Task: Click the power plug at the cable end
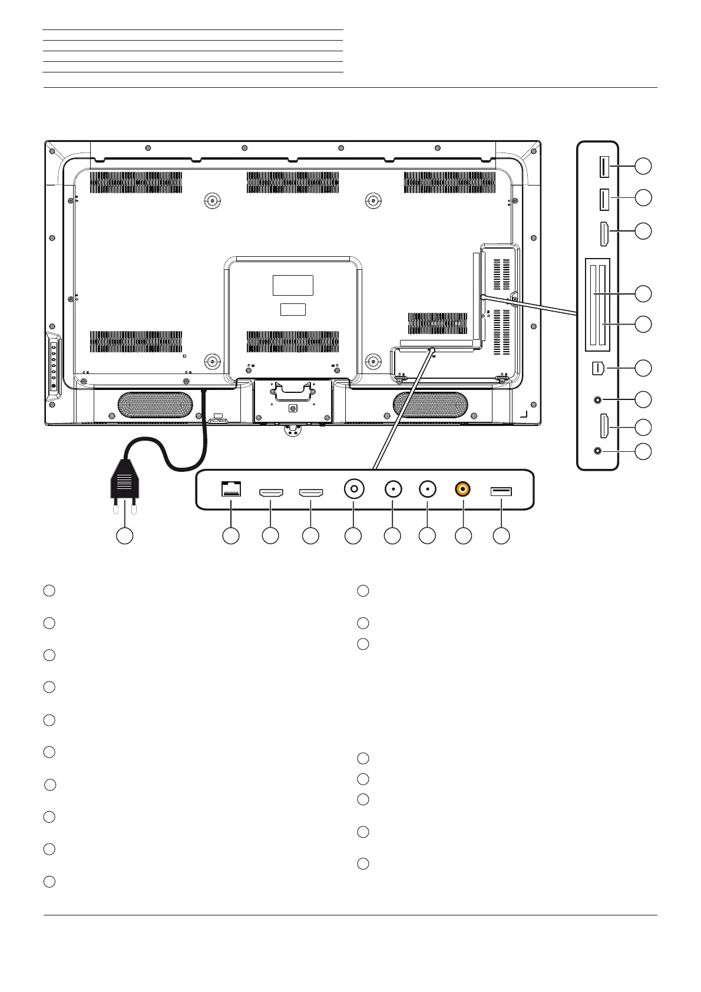click(x=124, y=482)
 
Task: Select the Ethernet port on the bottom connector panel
click(x=230, y=489)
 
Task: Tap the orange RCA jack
click(x=463, y=489)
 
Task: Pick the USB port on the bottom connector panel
click(x=501, y=490)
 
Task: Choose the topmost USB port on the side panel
click(x=603, y=167)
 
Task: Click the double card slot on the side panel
click(x=597, y=305)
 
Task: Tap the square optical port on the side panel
click(x=597, y=368)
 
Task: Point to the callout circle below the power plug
click(x=124, y=535)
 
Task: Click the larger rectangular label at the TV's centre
click(x=293, y=285)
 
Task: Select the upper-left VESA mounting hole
click(x=211, y=201)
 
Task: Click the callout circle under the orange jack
click(x=464, y=535)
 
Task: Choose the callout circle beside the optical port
click(x=643, y=368)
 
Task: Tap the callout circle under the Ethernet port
click(x=230, y=535)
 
